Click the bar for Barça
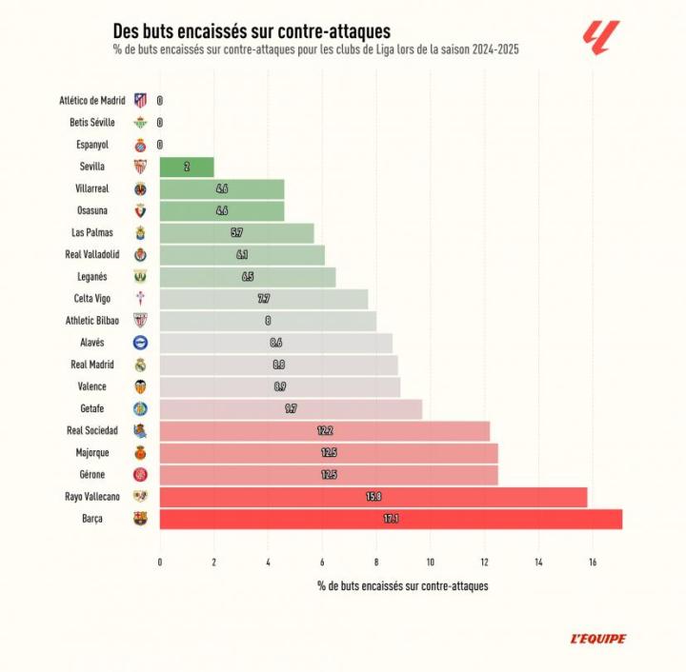(x=391, y=520)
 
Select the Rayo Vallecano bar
(x=373, y=497)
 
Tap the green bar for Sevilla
(x=187, y=167)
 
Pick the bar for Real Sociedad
(x=324, y=431)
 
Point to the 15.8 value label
(x=374, y=497)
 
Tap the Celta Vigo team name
(x=104, y=299)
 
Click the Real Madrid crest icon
(x=140, y=365)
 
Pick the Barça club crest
(x=140, y=520)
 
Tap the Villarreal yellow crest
(x=140, y=188)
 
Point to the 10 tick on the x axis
(x=430, y=562)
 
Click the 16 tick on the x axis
(x=593, y=562)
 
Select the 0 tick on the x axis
(x=160, y=562)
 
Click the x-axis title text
(x=402, y=586)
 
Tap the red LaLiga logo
(x=600, y=38)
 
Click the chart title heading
(x=252, y=32)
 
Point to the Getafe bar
(x=291, y=409)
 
